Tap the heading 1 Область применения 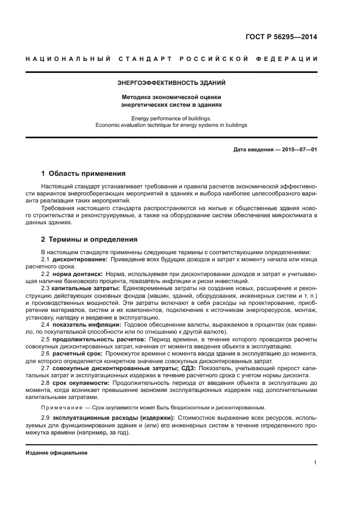coord(83,174)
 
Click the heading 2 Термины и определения coord(89,239)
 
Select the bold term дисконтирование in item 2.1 coord(75,260)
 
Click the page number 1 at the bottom coord(315,463)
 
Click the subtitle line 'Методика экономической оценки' coord(172,96)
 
